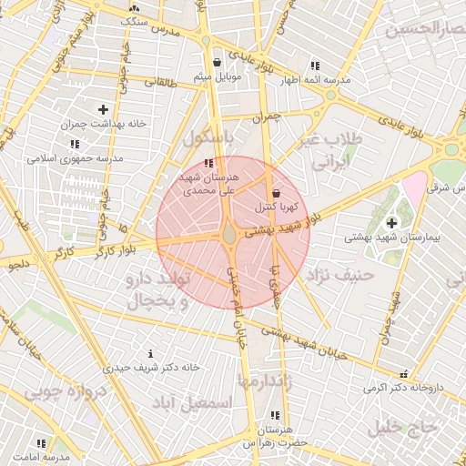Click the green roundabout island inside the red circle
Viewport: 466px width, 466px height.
(x=229, y=235)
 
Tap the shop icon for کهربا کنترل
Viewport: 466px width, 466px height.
(x=276, y=194)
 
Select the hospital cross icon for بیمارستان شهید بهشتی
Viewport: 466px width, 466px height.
(x=391, y=223)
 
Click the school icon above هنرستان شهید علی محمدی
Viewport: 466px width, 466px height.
(x=209, y=163)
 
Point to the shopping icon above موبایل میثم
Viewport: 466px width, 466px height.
(x=217, y=63)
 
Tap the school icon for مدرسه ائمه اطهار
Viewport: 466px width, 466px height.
(x=315, y=66)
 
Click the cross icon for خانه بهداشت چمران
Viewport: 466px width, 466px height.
(x=103, y=109)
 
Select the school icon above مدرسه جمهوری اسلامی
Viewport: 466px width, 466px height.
(x=74, y=144)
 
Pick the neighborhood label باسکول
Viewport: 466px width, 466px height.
(x=208, y=138)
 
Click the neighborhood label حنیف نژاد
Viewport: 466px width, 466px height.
(x=341, y=274)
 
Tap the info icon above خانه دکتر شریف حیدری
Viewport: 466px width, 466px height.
(x=150, y=353)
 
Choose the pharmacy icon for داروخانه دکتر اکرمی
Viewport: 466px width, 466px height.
(x=403, y=373)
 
